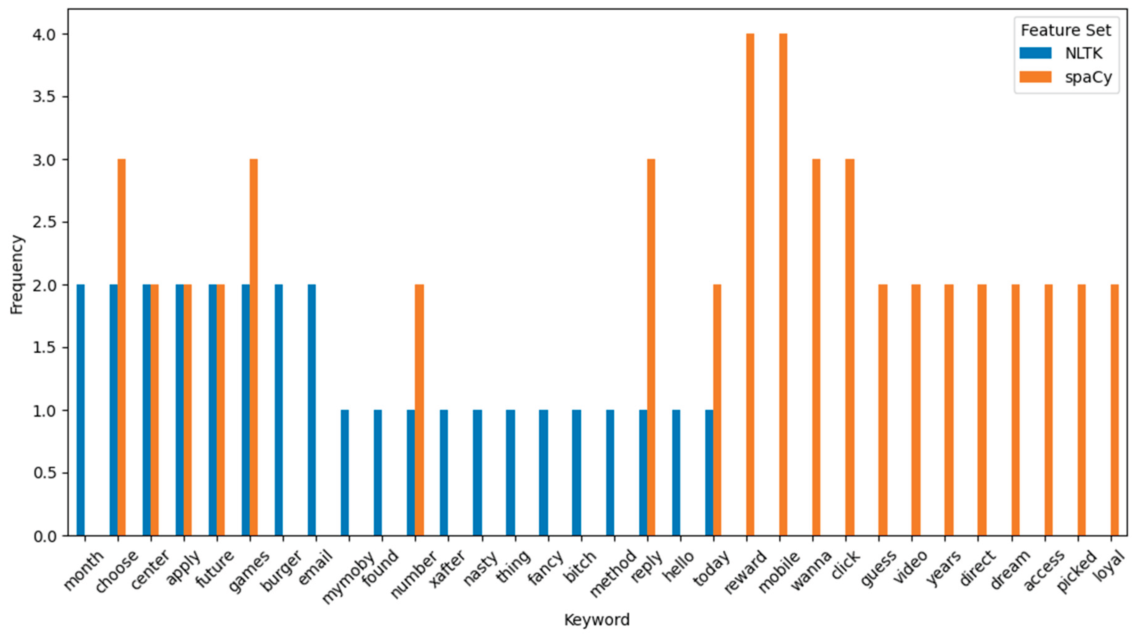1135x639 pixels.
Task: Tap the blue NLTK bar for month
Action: [x=81, y=410]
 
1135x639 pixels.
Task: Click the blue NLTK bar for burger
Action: [x=279, y=410]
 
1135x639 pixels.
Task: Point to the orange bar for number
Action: [x=419, y=410]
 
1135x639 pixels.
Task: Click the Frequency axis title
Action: [x=17, y=275]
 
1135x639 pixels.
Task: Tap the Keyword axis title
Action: [x=597, y=620]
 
